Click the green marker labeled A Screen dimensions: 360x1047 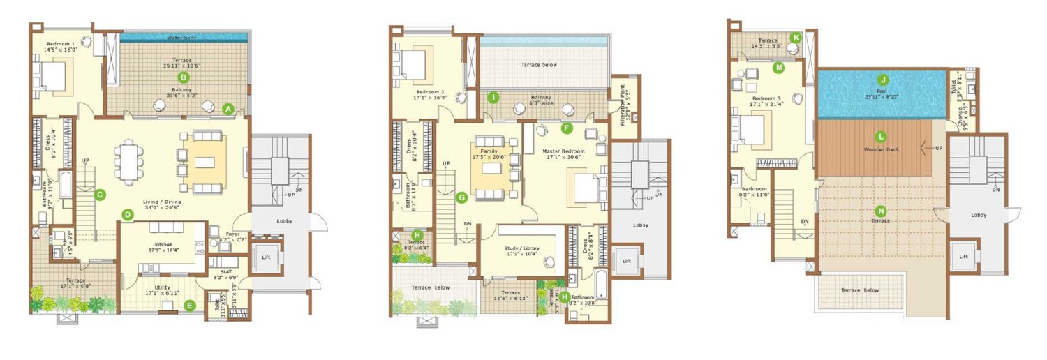(228, 109)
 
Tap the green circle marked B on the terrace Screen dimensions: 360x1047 (184, 77)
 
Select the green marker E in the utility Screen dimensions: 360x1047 (190, 305)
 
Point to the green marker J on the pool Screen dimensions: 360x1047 (883, 80)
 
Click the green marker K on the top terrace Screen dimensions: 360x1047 (795, 38)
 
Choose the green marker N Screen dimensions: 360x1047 (881, 211)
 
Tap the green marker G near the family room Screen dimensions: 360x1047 (461, 197)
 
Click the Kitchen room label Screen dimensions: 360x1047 (165, 244)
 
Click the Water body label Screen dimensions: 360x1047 (183, 38)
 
